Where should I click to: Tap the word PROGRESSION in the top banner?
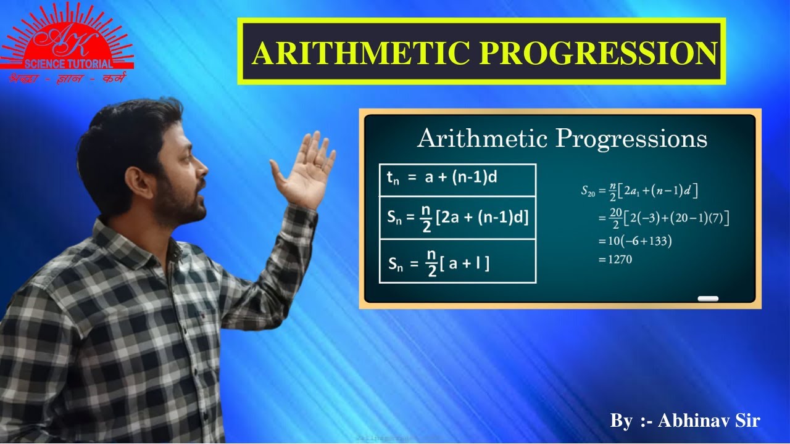click(x=597, y=54)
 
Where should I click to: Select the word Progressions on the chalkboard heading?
click(x=631, y=138)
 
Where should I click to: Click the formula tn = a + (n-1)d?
click(x=442, y=178)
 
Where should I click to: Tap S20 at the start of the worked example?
click(x=589, y=191)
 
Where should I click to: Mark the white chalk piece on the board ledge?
click(x=708, y=299)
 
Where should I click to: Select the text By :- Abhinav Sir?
click(x=685, y=421)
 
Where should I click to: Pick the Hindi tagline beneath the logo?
click(x=66, y=79)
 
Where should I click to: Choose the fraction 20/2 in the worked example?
click(x=615, y=218)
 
